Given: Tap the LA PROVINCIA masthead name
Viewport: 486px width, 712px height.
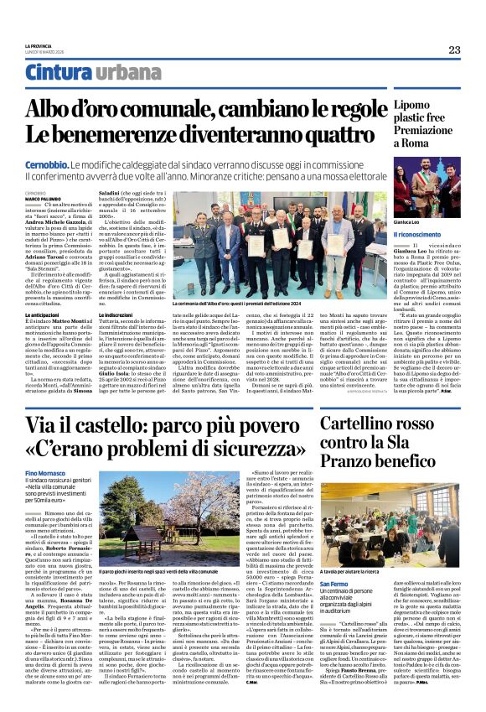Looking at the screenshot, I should tap(39, 44).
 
